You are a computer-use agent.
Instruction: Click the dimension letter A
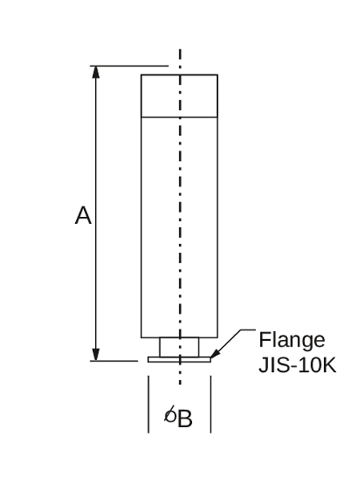[83, 216]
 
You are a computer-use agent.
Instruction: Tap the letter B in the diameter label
[185, 418]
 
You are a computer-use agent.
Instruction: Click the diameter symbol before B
[170, 414]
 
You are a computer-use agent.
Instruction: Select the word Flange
[292, 340]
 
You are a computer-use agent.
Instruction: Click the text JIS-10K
[298, 365]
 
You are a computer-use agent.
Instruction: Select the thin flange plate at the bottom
[179, 359]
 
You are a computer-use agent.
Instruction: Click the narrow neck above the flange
[179, 347]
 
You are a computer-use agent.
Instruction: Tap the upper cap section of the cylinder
[179, 96]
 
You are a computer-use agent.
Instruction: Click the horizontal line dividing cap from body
[179, 117]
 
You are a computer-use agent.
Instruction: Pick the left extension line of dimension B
[149, 404]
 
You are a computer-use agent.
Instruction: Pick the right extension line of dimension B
[211, 404]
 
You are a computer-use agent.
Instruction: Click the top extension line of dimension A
[129, 66]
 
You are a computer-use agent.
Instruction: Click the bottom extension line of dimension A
[114, 361]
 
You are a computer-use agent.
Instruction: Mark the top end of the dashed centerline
[180, 49]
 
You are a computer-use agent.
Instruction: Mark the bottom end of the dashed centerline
[180, 384]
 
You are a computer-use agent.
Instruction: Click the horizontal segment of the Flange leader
[248, 330]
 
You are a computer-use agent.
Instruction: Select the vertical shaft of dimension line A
[96, 214]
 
